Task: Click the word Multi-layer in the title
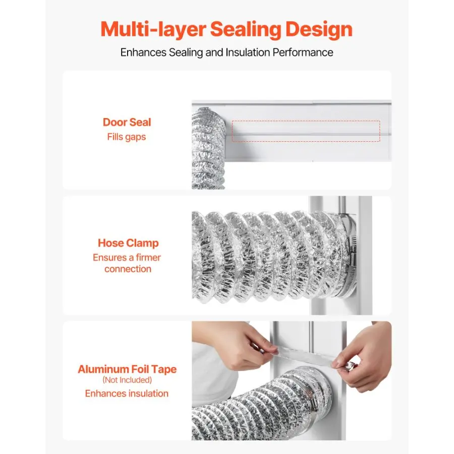(153, 30)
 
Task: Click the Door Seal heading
(127, 122)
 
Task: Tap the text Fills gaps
(127, 137)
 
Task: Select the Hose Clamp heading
(128, 243)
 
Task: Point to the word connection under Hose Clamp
(128, 269)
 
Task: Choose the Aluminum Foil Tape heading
(127, 369)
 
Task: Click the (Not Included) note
(127, 380)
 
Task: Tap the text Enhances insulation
(127, 393)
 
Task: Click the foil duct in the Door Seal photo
(208, 148)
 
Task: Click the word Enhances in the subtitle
(143, 52)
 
